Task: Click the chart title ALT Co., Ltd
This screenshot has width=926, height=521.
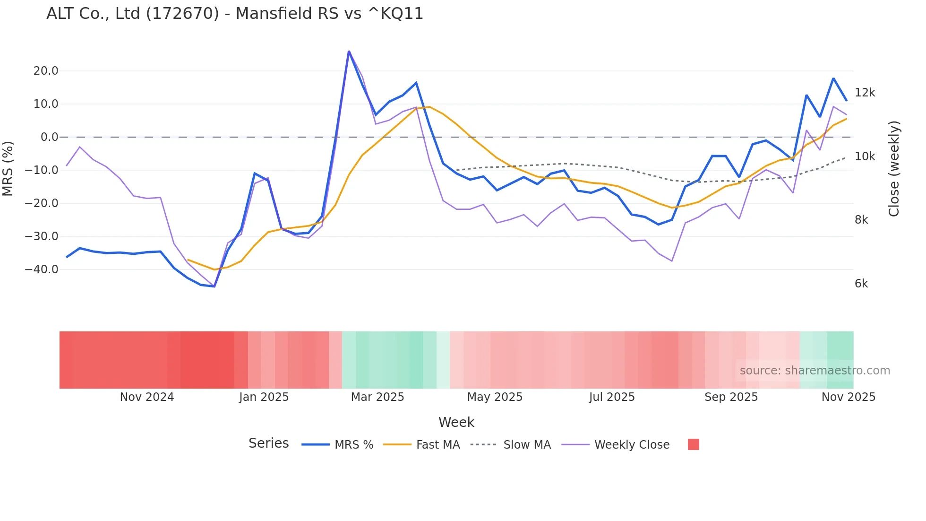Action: (x=234, y=14)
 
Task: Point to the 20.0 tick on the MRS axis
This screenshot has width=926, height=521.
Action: (x=46, y=71)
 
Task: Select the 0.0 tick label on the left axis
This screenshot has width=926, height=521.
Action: (x=50, y=137)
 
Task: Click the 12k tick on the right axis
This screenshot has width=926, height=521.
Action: (x=865, y=93)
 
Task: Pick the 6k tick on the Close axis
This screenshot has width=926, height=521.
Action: (x=861, y=284)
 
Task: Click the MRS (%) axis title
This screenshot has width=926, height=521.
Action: (x=8, y=168)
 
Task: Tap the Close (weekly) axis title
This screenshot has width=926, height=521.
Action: (x=893, y=168)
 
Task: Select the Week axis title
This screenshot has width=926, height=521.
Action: (x=456, y=422)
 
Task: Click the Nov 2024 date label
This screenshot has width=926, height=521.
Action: (x=147, y=397)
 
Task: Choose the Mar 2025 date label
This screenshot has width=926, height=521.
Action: (x=377, y=397)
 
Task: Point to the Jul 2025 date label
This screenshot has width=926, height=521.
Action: (x=612, y=397)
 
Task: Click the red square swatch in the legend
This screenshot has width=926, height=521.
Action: (x=693, y=444)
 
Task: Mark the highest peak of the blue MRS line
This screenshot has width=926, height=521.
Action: (x=349, y=52)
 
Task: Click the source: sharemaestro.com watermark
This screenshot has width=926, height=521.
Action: (x=815, y=371)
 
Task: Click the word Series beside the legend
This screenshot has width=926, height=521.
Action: (x=268, y=443)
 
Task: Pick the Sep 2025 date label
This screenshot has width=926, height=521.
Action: (x=731, y=397)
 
